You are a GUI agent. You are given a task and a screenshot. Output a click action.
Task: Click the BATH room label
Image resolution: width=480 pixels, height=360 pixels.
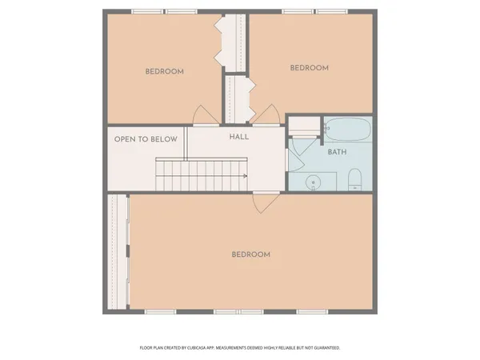[x=336, y=151]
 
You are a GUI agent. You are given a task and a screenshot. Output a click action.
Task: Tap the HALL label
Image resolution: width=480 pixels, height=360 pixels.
[x=238, y=137]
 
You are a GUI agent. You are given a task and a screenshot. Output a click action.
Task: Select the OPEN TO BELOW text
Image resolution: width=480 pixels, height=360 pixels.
[x=146, y=139]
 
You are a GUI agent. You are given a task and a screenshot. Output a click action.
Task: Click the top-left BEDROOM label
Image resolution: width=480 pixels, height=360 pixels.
[x=164, y=71]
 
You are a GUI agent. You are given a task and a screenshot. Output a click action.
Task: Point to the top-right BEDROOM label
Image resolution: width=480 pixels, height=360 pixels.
[x=309, y=68]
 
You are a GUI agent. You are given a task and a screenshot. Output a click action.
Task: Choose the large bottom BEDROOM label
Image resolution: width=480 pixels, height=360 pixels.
[x=250, y=254]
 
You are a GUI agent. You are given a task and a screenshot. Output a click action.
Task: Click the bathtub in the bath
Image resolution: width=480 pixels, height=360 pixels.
[x=346, y=128]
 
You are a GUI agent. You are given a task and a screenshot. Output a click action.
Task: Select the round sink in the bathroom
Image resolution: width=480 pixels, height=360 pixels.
[x=314, y=182]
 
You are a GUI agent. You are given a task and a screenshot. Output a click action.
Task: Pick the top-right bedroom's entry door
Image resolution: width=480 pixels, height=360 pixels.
[x=271, y=117]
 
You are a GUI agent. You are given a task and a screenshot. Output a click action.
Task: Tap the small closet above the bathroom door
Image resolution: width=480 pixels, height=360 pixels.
[x=303, y=125]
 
